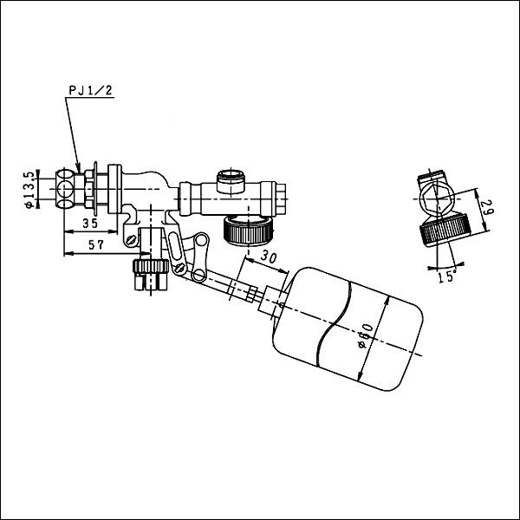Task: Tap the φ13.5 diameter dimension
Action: point(29,189)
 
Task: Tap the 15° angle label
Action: point(448,276)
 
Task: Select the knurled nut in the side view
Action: point(445,231)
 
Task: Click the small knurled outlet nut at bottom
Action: point(148,276)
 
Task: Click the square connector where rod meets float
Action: point(276,304)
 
